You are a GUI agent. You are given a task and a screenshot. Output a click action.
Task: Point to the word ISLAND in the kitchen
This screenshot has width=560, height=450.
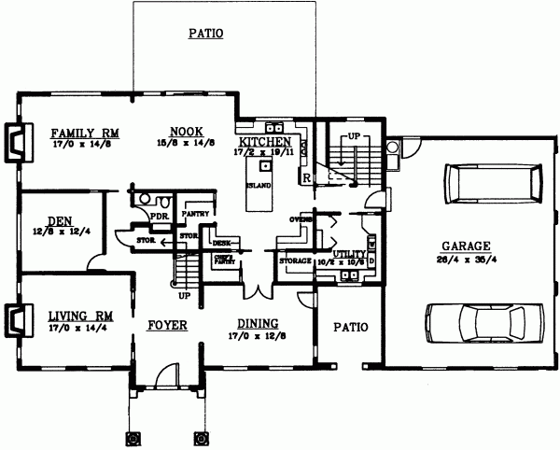[259, 185]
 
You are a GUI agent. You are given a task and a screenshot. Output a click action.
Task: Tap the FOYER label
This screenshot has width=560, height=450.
[168, 325]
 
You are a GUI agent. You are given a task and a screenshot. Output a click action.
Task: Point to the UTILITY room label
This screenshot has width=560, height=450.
[349, 253]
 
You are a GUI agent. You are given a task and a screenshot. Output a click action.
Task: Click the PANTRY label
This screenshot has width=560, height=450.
[195, 213]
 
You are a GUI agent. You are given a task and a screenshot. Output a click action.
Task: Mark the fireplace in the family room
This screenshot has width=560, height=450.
[16, 140]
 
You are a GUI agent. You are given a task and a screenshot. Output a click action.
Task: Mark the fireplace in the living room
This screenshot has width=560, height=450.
[16, 322]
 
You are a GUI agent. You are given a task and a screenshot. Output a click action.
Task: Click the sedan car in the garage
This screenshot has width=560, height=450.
[481, 323]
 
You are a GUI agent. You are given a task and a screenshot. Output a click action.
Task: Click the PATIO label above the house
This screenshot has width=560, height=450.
[205, 34]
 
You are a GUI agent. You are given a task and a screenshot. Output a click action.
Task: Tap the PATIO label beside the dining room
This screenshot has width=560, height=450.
[350, 328]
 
